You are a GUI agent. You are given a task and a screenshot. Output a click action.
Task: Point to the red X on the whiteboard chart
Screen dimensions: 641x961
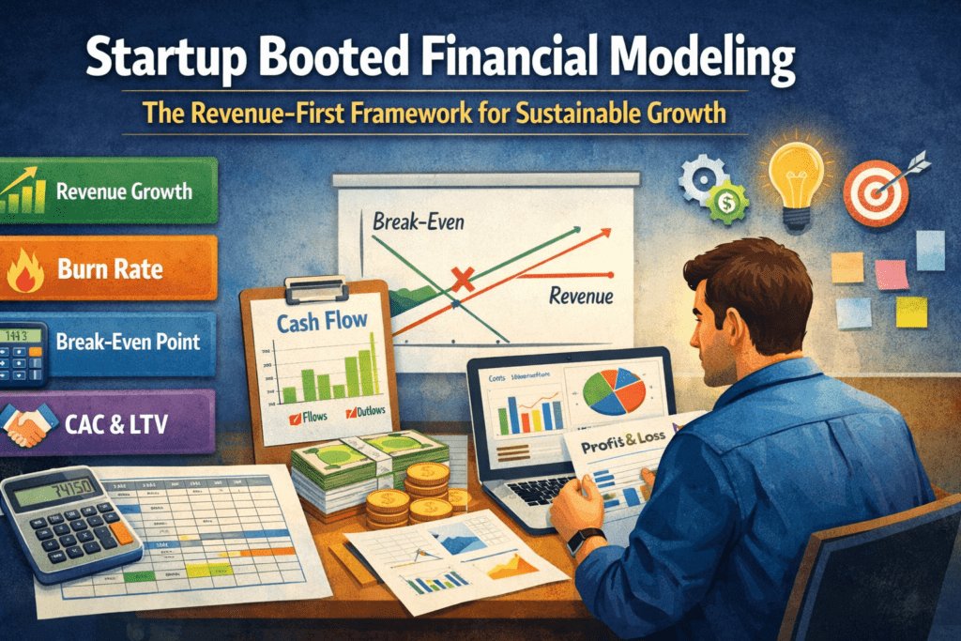(461, 278)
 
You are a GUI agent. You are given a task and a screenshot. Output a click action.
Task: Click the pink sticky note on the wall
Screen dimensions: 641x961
(890, 273)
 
